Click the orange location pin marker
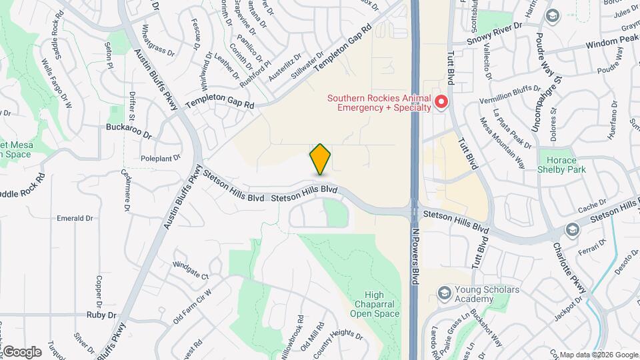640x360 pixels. coord(321,159)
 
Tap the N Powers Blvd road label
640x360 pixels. coord(415,257)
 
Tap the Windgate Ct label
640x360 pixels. coord(191,270)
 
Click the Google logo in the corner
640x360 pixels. coord(22,351)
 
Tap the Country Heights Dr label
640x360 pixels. coord(335,341)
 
